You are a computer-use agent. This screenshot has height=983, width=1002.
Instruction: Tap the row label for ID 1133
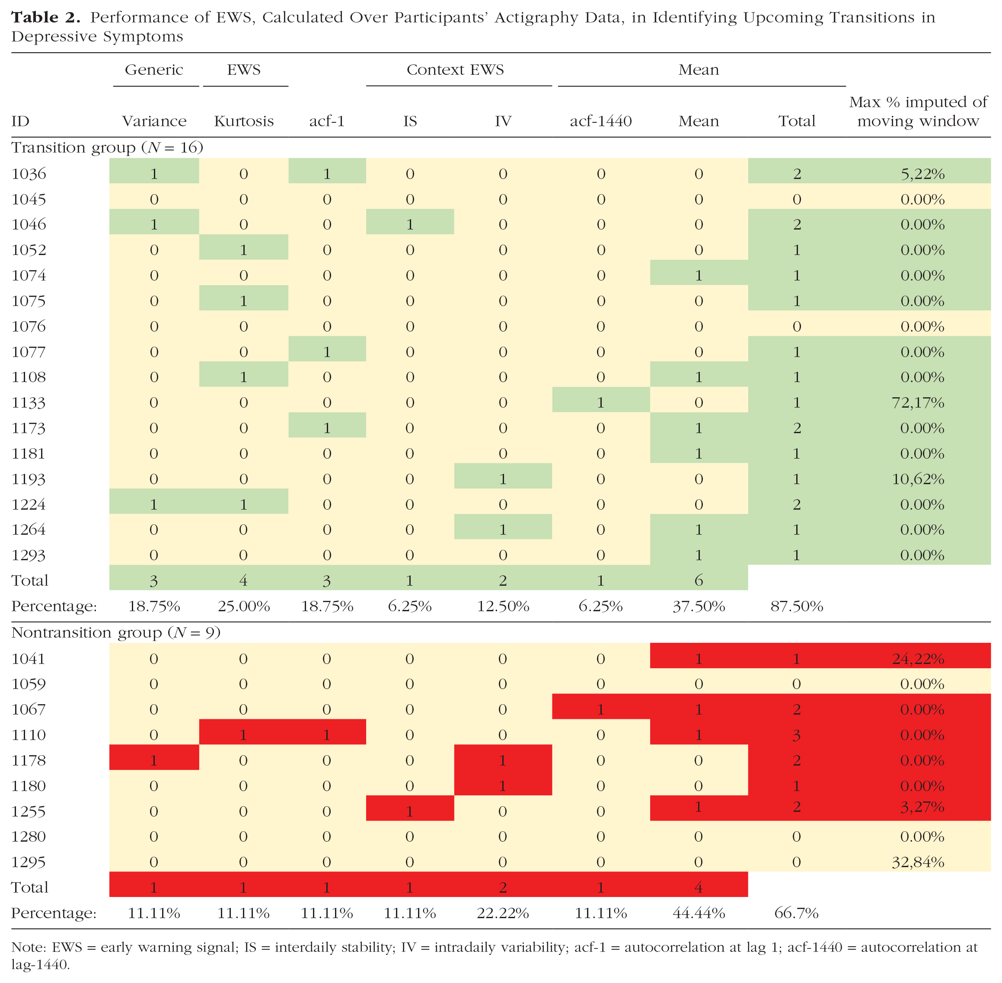29,403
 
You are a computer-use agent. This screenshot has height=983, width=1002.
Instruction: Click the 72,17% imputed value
919,403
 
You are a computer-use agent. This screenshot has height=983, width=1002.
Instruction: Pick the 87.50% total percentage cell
797,606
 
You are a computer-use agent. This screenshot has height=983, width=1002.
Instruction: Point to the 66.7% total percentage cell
797,913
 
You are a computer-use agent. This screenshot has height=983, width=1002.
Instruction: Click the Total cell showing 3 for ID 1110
797,735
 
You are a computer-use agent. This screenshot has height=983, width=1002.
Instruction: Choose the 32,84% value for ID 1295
919,862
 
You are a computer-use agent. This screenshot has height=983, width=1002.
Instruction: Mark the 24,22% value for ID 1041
919,659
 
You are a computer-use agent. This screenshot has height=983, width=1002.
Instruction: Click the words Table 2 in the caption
45,18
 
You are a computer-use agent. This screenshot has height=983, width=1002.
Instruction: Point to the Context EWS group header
455,70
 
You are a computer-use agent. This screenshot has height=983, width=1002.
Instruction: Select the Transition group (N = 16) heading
107,148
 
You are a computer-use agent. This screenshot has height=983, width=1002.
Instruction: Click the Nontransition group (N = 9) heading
116,632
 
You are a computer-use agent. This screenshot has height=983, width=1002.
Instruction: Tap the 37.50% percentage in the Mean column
699,606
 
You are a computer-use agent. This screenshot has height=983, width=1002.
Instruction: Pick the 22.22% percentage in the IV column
503,913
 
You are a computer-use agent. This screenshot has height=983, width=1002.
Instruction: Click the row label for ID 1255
29,811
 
